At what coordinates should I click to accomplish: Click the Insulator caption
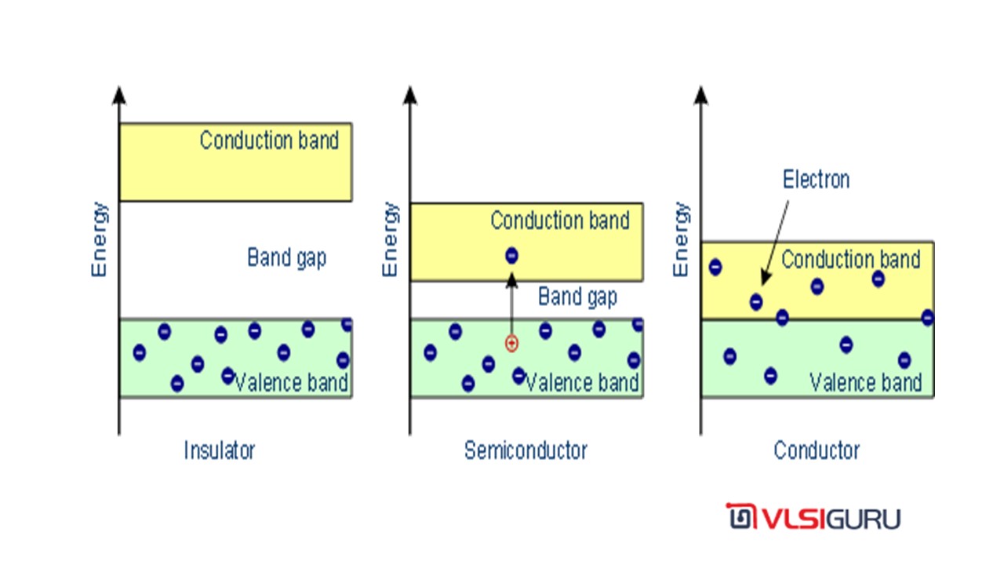[220, 450]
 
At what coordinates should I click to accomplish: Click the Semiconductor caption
[526, 450]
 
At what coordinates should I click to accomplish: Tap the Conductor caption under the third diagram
[817, 450]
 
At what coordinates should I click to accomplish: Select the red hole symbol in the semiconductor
[511, 344]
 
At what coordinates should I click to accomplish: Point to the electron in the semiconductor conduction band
[511, 256]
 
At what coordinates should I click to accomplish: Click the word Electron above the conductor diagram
[817, 180]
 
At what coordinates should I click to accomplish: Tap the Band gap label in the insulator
[287, 258]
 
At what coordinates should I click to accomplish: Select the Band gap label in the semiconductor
[577, 297]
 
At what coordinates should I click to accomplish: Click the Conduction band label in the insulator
[269, 140]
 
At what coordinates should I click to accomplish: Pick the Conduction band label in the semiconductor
[560, 221]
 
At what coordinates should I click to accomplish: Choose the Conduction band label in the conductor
[851, 260]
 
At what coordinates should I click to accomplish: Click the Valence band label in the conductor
[865, 383]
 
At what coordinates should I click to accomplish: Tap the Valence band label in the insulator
[291, 383]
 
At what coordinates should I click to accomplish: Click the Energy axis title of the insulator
[100, 239]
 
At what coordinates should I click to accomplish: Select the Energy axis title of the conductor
[682, 239]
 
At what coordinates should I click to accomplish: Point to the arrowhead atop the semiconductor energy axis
[409, 96]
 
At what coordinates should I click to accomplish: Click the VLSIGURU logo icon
[741, 516]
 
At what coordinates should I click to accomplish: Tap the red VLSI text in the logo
[794, 519]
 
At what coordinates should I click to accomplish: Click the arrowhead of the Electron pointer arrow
[765, 278]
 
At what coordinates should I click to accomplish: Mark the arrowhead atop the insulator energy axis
[118, 96]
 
